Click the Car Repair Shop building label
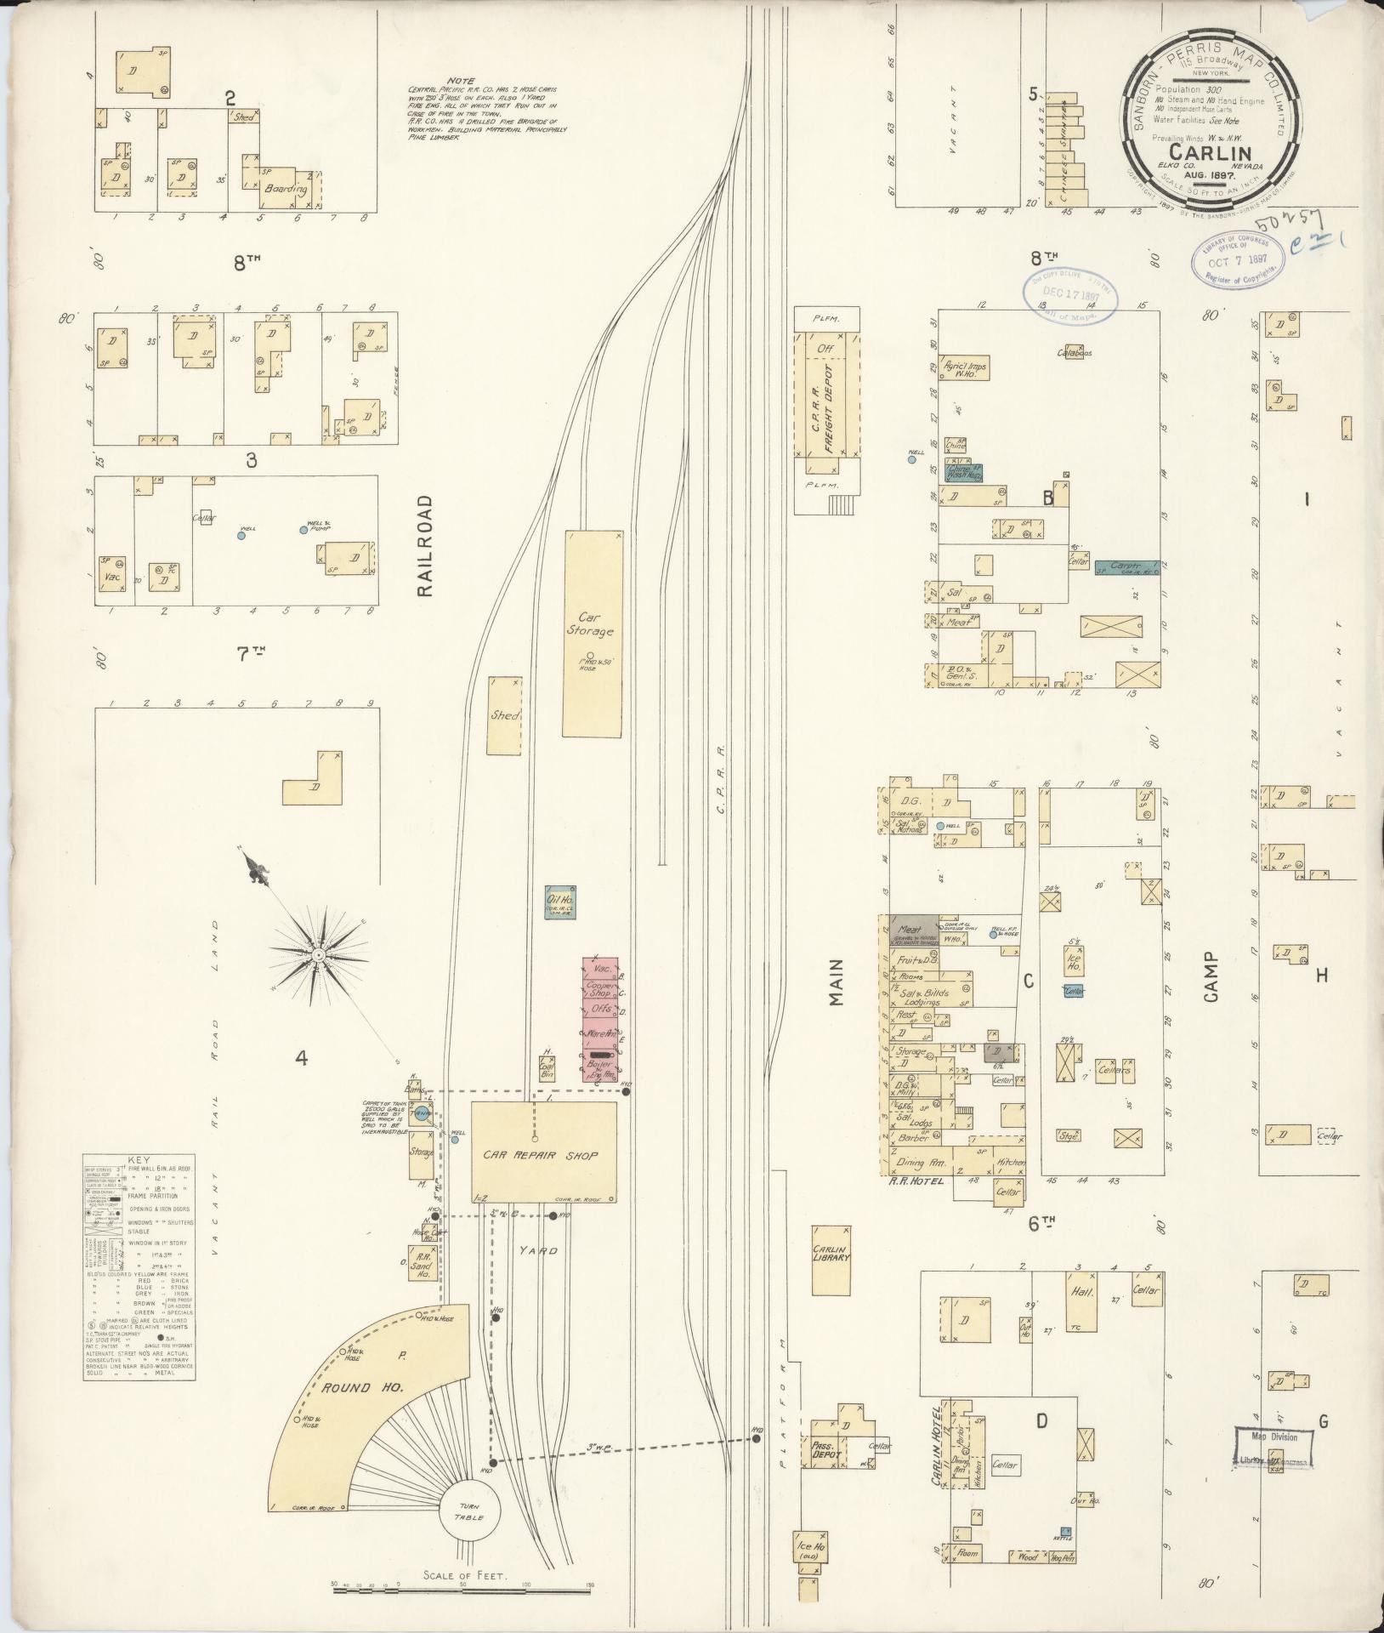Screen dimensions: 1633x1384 (x=542, y=1155)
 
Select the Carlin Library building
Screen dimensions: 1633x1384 (x=831, y=1260)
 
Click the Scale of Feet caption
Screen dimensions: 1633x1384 (x=463, y=1574)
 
